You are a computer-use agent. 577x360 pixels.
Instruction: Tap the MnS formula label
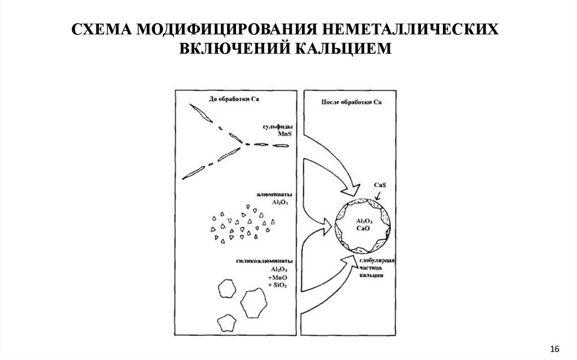point(284,136)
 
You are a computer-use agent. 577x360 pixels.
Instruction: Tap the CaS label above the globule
point(380,185)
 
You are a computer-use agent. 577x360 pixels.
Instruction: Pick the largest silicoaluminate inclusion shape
point(254,303)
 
